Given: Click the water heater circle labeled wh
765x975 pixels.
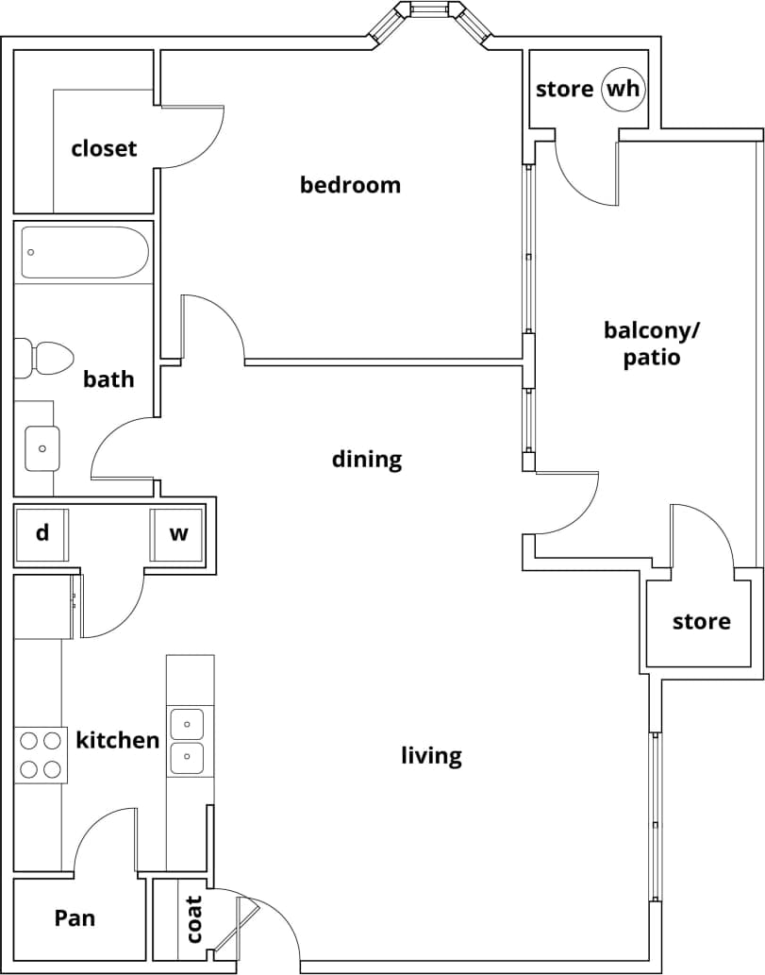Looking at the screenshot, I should click(623, 90).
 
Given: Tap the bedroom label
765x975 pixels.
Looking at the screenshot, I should click(350, 185).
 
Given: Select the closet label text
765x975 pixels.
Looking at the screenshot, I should click(104, 148).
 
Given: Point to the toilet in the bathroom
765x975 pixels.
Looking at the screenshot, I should click(52, 359).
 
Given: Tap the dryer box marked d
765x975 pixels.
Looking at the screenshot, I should click(42, 534).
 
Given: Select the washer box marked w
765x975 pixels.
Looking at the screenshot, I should click(178, 534).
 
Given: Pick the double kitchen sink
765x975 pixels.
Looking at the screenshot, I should click(187, 741).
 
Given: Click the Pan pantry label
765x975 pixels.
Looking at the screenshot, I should click(75, 917).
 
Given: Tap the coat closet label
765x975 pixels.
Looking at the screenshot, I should click(194, 918).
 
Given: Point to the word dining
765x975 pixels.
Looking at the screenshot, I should click(367, 460).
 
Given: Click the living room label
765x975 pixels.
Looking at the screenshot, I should click(431, 755).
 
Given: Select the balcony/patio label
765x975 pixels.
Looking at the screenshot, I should click(652, 344).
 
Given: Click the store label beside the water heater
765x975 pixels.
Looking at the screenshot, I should click(564, 90).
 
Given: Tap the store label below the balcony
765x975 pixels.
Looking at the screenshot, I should click(701, 621).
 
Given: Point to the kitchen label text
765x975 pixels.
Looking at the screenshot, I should click(118, 740).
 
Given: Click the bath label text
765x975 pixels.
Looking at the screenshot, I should click(108, 379).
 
